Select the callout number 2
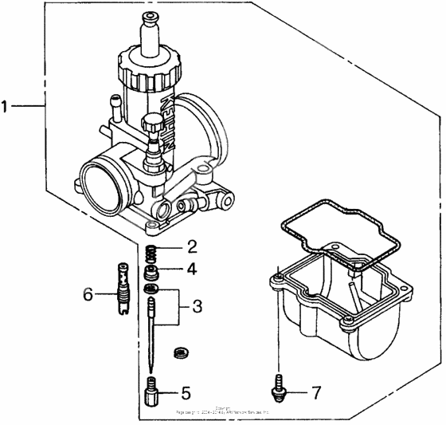[191, 246]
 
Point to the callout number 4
[191, 270]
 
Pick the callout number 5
[186, 392]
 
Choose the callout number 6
[89, 294]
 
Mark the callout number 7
[315, 392]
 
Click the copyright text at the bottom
[222, 408]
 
